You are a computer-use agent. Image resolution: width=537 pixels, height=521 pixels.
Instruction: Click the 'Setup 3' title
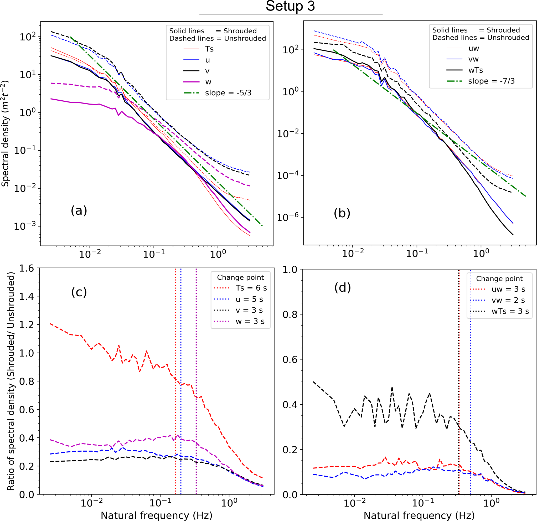(290, 7)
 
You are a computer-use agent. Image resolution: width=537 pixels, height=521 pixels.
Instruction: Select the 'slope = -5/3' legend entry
(228, 93)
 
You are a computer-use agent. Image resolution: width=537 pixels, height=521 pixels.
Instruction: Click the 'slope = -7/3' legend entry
(491, 81)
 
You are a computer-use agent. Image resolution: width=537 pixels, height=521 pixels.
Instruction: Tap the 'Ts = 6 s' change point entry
(251, 288)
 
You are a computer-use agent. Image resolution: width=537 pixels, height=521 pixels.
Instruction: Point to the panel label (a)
(79, 211)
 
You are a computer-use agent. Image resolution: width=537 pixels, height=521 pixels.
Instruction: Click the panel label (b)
(342, 213)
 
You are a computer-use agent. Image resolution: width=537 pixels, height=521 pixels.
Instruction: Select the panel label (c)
(79, 292)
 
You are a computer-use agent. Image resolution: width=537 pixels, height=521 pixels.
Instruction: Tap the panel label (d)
(343, 288)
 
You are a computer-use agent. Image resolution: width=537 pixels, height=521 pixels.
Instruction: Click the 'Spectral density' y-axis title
(6, 133)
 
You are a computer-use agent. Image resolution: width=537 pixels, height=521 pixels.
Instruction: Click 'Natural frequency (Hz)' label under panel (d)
(419, 515)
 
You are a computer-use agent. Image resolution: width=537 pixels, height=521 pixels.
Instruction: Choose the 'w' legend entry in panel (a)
(208, 82)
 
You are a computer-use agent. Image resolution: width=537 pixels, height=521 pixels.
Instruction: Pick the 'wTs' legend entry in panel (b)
(476, 70)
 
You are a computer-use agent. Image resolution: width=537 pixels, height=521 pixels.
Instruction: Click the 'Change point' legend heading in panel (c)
(240, 277)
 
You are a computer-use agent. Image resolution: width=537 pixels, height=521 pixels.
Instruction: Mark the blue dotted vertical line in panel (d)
(471, 384)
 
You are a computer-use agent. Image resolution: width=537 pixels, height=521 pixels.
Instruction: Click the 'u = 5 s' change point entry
(249, 299)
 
